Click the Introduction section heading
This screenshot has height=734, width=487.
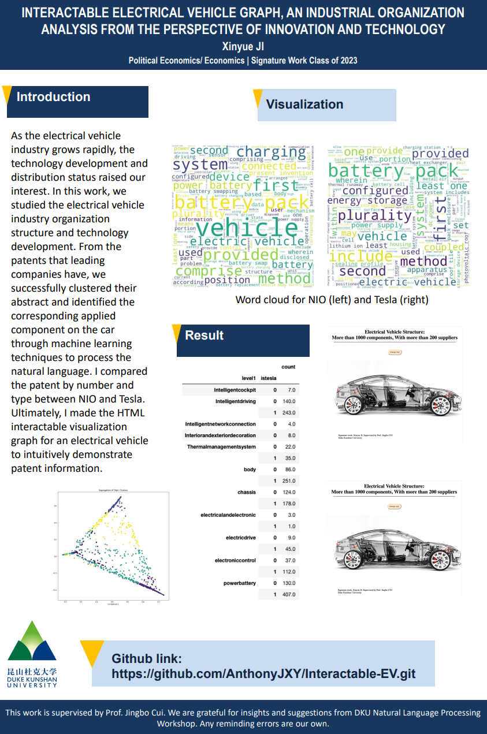tap(53, 97)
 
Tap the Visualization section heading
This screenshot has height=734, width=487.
tap(304, 105)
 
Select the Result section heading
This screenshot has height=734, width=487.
tap(204, 336)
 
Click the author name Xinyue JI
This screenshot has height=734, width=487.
tap(243, 47)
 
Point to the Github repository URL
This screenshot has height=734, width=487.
tap(263, 674)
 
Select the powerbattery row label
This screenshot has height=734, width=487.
tap(239, 583)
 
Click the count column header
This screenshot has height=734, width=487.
tap(288, 367)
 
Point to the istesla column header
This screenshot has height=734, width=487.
tap(269, 378)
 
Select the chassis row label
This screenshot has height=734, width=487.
tap(246, 493)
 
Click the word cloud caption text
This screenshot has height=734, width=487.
tap(332, 300)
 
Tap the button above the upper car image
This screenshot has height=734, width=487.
tap(395, 351)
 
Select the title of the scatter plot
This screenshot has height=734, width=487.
tap(113, 490)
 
